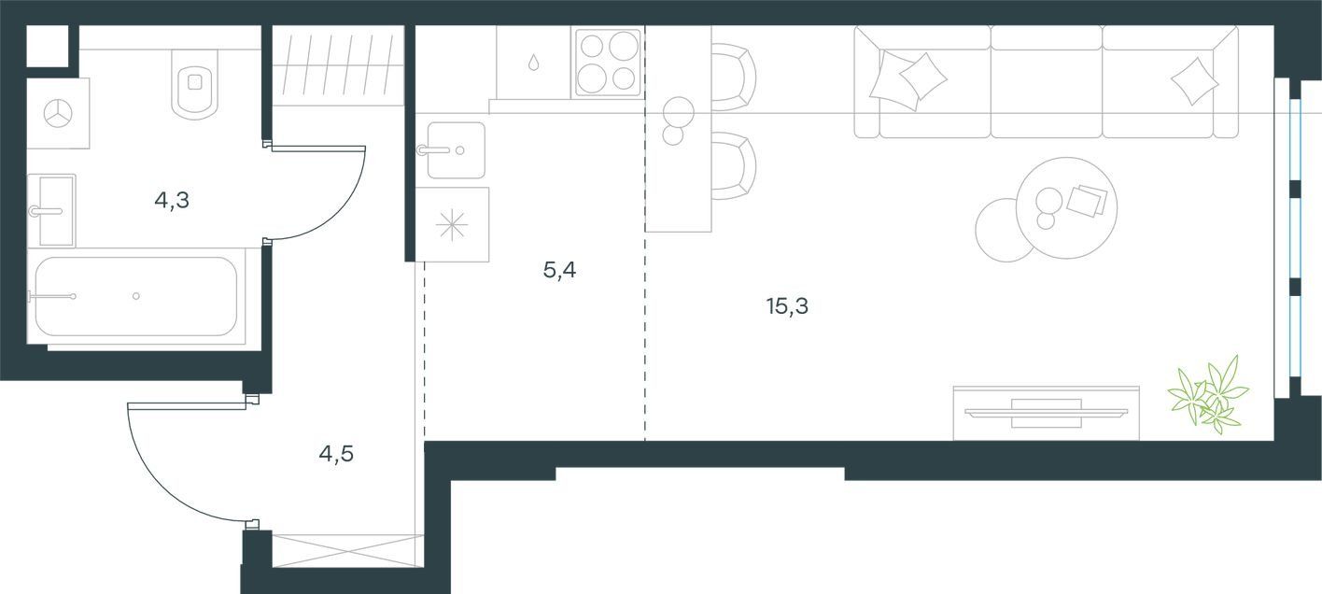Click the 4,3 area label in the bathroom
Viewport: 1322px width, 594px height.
(x=172, y=201)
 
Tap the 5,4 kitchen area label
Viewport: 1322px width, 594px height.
(x=559, y=271)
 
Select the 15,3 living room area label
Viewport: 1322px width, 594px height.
(x=787, y=306)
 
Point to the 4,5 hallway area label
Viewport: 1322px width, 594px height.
(x=336, y=454)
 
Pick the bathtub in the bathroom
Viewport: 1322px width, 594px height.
(x=136, y=296)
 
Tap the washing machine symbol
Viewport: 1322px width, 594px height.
(x=58, y=113)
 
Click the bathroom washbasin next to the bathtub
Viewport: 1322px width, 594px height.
(x=51, y=211)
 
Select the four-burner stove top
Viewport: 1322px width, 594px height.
(x=608, y=62)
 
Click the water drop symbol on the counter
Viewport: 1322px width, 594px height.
(x=533, y=62)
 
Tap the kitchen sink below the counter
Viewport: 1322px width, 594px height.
(x=456, y=150)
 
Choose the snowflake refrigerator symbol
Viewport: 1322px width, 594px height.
(x=452, y=225)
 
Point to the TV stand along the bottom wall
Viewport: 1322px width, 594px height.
(x=1047, y=414)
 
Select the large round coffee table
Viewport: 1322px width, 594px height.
(x=1066, y=208)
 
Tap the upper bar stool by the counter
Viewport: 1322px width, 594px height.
(x=734, y=77)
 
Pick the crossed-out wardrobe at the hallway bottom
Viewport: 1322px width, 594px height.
(x=348, y=551)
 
